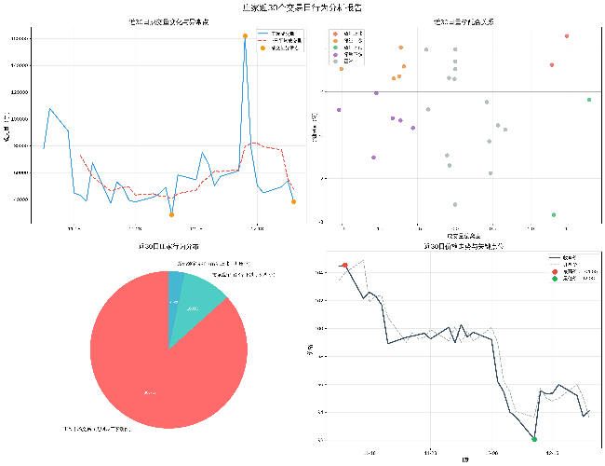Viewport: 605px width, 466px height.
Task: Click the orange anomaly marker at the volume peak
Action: pos(245,36)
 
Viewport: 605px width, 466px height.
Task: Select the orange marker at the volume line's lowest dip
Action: pos(171,214)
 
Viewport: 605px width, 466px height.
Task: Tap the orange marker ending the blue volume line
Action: pos(293,201)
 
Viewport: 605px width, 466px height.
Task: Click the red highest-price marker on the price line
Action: pos(345,266)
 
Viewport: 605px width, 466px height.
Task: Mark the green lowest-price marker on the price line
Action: pos(534,438)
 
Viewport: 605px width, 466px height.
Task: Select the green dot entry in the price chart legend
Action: pos(555,278)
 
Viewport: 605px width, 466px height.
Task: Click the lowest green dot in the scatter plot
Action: pos(554,214)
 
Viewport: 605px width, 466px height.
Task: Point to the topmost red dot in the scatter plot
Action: pos(567,36)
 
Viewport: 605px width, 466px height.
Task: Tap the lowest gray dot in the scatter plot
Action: pos(455,204)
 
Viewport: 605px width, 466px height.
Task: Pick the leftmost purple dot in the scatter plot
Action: pos(339,110)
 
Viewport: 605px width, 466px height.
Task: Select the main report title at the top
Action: pos(302,7)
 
